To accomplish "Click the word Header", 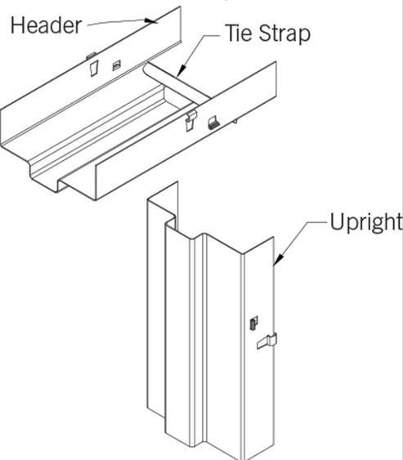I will point(45,25).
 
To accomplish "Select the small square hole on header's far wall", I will point(117,65).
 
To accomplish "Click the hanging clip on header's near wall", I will point(189,121).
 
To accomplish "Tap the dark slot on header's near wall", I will point(213,124).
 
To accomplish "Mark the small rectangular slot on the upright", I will point(252,322).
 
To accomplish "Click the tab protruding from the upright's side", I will point(267,342).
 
